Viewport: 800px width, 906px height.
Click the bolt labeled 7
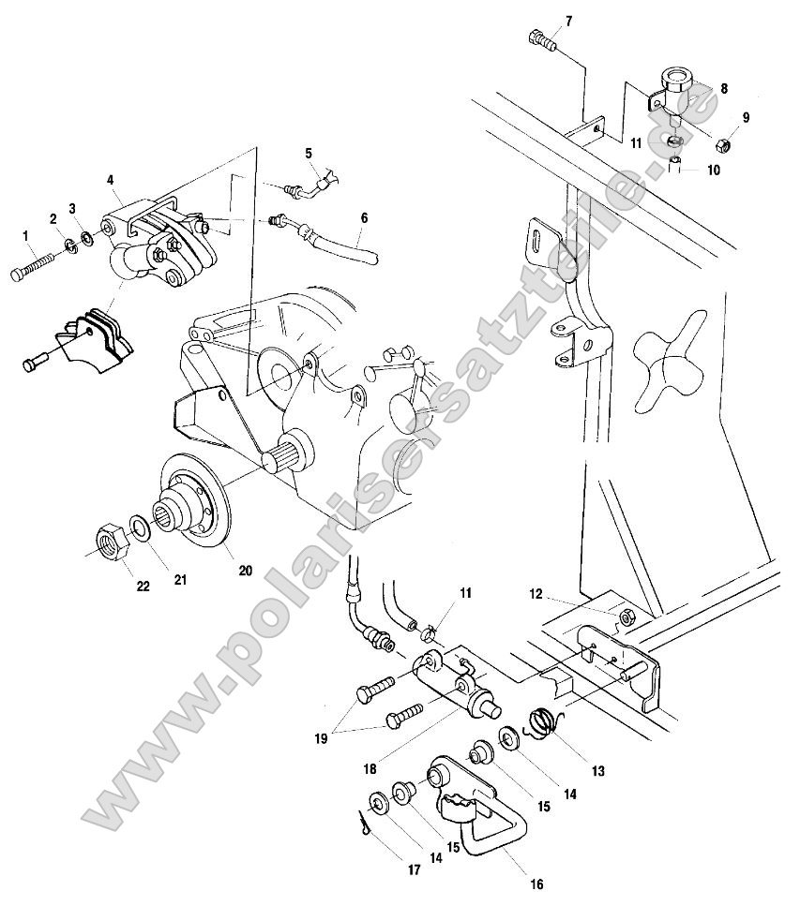(541, 40)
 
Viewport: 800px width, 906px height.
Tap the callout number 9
(747, 118)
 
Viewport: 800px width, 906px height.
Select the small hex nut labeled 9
(723, 146)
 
